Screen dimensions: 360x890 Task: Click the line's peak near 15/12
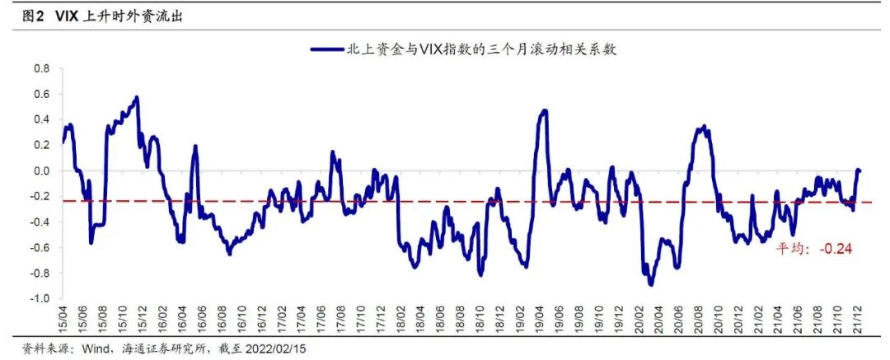coord(136,97)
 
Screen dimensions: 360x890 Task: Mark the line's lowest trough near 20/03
coord(651,284)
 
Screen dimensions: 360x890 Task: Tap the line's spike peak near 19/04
coord(544,110)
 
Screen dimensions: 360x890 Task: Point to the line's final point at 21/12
coord(859,171)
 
